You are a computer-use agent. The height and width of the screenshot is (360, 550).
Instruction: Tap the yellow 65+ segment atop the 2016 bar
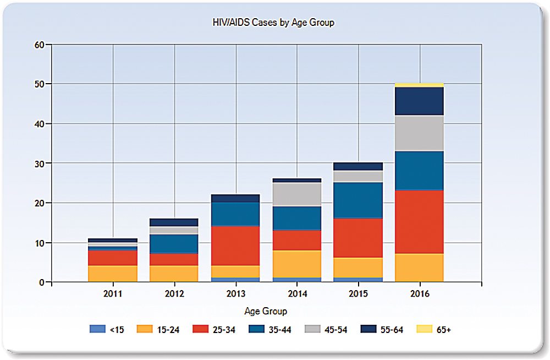[x=420, y=85]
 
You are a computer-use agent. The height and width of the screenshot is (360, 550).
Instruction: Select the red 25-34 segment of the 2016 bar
[x=420, y=222]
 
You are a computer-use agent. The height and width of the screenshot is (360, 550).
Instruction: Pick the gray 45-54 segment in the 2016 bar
[x=420, y=133]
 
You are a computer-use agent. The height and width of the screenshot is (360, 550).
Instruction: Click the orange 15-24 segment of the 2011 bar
[x=113, y=274]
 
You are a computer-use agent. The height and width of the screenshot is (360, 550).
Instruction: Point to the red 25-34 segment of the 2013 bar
[x=235, y=246]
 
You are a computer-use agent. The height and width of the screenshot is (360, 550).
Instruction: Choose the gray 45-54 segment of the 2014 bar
[x=297, y=194]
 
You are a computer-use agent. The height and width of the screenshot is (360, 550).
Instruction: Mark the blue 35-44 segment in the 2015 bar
[x=358, y=200]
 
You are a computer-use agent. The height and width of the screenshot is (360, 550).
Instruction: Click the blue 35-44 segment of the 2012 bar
[x=174, y=244]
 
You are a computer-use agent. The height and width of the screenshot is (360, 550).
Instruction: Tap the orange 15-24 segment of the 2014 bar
[x=297, y=264]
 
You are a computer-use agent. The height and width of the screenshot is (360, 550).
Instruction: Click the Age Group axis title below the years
[x=265, y=311]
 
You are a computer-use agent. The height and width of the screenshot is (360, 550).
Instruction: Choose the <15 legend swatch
[x=96, y=329]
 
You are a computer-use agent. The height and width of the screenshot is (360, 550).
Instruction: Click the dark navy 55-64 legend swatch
[x=367, y=329]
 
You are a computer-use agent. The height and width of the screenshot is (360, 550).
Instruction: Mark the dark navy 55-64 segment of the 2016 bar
[x=420, y=101]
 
